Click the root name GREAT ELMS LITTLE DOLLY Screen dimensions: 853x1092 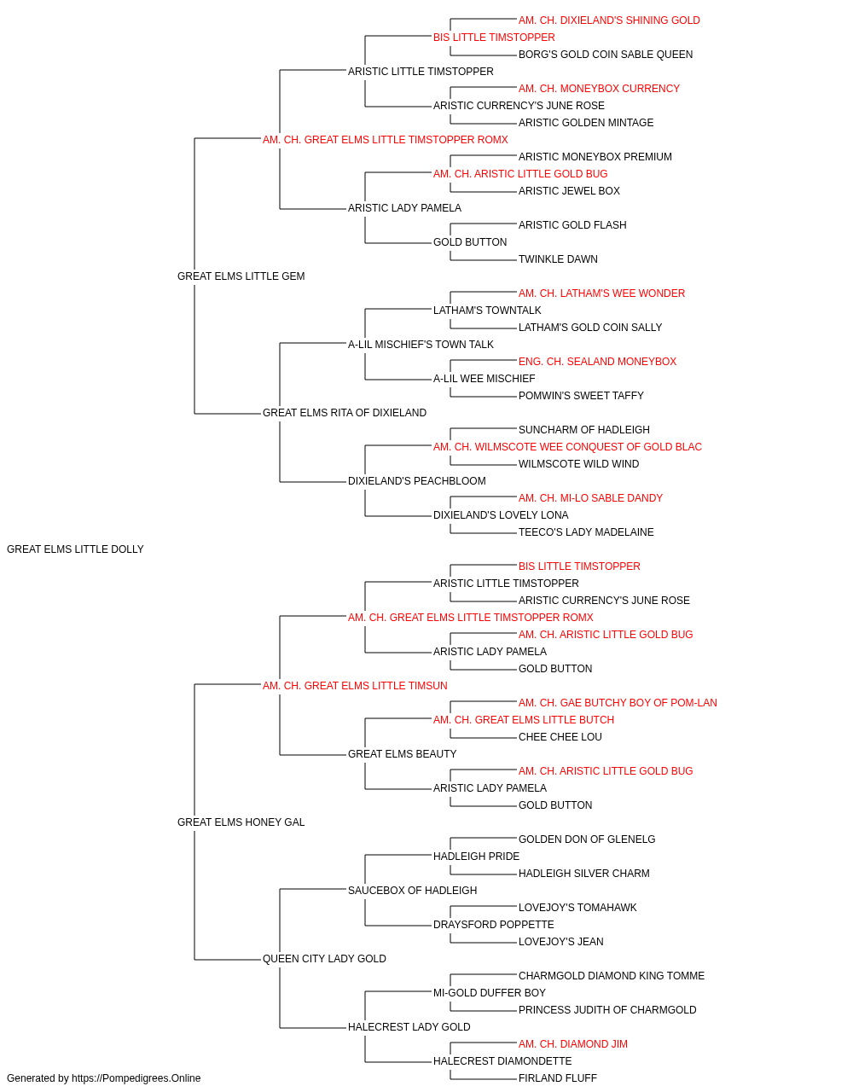(75, 549)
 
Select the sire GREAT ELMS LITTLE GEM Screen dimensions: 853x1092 (241, 276)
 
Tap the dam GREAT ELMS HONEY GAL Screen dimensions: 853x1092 (241, 822)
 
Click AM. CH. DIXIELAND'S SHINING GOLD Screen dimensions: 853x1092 (609, 20)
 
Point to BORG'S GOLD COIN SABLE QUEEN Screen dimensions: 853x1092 (606, 55)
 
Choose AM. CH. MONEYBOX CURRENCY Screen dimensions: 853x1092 (599, 89)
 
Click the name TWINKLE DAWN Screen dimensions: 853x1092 (558, 259)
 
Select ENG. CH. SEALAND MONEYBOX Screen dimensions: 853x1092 (597, 362)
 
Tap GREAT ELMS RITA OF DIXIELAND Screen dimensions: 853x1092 (345, 413)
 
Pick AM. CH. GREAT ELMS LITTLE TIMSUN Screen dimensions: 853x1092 (355, 686)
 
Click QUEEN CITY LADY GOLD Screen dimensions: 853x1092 (324, 959)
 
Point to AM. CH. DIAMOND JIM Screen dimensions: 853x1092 (573, 1044)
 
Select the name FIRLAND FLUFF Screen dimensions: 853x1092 (558, 1078)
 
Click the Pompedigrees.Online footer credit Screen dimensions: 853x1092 (103, 1078)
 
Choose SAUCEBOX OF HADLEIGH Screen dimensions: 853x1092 (413, 891)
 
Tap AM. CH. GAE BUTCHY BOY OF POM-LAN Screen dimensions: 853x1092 (618, 703)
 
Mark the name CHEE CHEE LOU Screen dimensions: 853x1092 (560, 737)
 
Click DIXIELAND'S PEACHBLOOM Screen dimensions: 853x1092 (417, 481)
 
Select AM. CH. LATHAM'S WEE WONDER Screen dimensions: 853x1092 (602, 293)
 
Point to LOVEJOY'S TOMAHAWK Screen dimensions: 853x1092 (577, 908)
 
